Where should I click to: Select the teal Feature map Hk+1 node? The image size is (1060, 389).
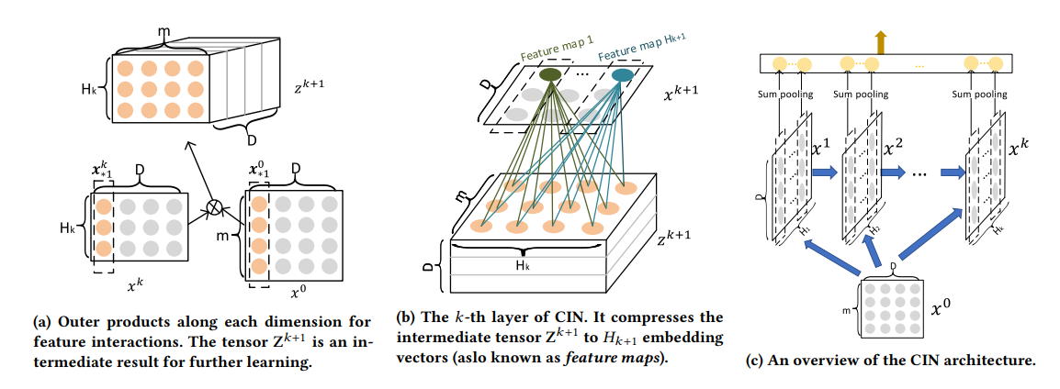(x=622, y=75)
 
